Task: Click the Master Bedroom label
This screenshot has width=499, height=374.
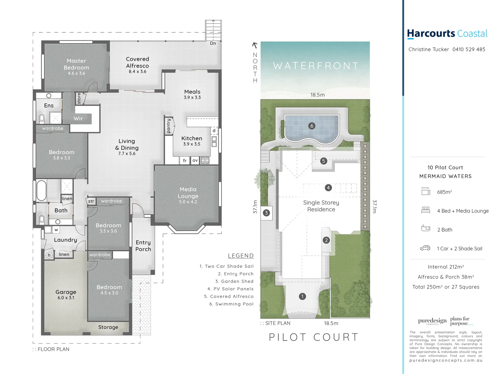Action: tap(76, 64)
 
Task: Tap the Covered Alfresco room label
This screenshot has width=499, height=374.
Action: tap(138, 62)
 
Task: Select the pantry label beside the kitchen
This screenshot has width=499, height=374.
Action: tap(169, 126)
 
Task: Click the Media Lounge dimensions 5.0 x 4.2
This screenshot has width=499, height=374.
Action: tap(188, 202)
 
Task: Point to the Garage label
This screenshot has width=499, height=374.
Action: tap(66, 292)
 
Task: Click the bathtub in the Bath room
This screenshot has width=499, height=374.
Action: tap(42, 190)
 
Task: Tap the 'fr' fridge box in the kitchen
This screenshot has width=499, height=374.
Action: tap(185, 160)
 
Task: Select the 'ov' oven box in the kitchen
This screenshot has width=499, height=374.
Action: tap(195, 160)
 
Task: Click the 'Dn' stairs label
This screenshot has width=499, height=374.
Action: tap(213, 43)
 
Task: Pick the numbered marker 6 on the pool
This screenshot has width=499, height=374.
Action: tap(312, 126)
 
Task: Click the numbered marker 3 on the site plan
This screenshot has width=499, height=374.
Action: tap(266, 213)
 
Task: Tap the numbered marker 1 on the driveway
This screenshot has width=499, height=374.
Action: tap(302, 296)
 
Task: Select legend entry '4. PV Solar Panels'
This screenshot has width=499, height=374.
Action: tap(230, 289)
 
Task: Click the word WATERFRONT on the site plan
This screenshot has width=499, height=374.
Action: tap(316, 66)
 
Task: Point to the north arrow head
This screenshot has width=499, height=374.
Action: tap(255, 45)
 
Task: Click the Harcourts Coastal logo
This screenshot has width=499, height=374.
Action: tap(447, 34)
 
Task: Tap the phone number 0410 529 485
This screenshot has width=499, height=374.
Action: tap(469, 50)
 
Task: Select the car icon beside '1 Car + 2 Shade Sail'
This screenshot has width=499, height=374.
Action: tap(425, 248)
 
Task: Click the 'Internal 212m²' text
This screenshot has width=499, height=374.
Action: tap(446, 267)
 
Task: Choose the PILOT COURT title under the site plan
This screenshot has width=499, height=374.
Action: tap(314, 337)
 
